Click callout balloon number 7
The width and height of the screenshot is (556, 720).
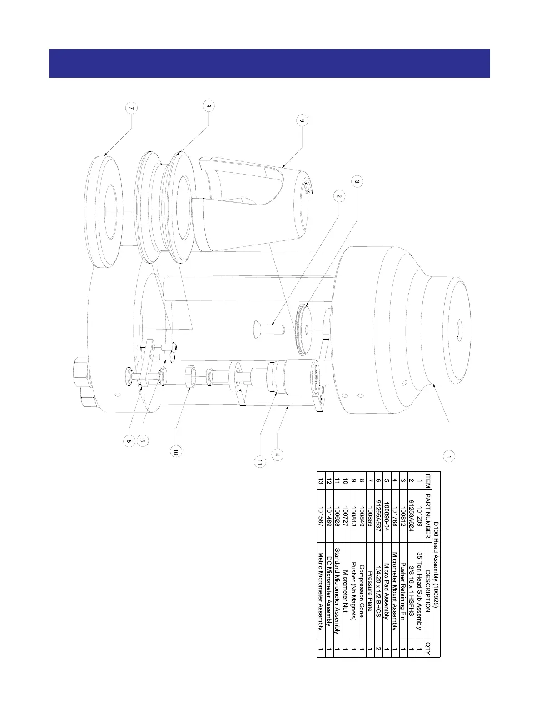point(131,109)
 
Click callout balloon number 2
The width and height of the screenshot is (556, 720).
point(338,196)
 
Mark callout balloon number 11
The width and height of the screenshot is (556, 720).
point(259,462)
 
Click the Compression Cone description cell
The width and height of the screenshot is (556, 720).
point(362,591)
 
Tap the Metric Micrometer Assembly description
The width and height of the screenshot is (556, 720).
point(321,591)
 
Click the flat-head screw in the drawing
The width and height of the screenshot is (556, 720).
point(268,326)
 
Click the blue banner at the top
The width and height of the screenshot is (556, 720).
point(269,63)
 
